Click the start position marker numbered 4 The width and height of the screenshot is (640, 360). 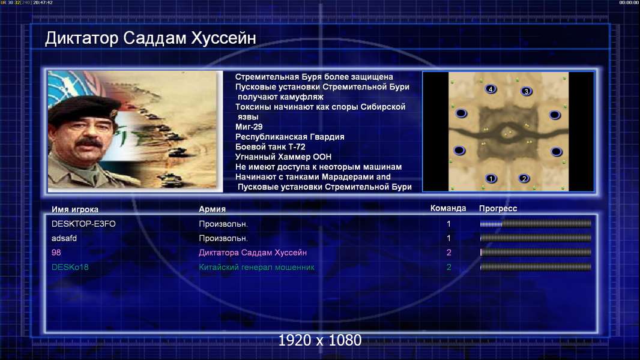pyautogui.click(x=491, y=89)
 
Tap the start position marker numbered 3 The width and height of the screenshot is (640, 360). pyautogui.click(x=527, y=91)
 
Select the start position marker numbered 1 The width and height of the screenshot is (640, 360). pyautogui.click(x=491, y=179)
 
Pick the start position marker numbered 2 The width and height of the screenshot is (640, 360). pyautogui.click(x=524, y=179)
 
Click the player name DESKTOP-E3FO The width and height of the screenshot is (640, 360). pyautogui.click(x=83, y=224)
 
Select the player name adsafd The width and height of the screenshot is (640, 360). pyautogui.click(x=64, y=238)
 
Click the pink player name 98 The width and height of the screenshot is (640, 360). pyautogui.click(x=56, y=253)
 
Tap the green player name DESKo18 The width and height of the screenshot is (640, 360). pyautogui.click(x=70, y=267)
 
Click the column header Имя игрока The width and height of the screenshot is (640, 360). pyautogui.click(x=74, y=209)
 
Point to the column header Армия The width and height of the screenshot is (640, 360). pyautogui.click(x=213, y=209)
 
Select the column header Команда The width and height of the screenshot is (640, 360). pyautogui.click(x=448, y=208)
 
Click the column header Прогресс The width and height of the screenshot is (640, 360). pyautogui.click(x=498, y=209)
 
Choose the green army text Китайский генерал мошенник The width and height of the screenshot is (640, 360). pyautogui.click(x=257, y=268)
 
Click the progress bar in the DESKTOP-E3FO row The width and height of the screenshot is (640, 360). pyautogui.click(x=536, y=223)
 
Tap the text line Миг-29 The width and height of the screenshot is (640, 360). pyautogui.click(x=249, y=127)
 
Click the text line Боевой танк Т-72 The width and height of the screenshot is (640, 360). pyautogui.click(x=270, y=147)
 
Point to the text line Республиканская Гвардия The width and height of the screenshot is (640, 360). pyautogui.click(x=290, y=137)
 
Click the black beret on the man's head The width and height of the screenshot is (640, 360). pyautogui.click(x=83, y=107)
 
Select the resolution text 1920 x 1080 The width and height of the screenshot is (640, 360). pyautogui.click(x=319, y=340)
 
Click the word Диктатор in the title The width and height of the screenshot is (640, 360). pyautogui.click(x=82, y=38)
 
